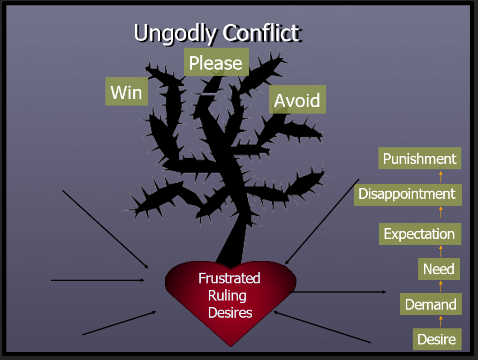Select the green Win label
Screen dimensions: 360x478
pos(127,92)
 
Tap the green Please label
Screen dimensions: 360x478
pos(216,63)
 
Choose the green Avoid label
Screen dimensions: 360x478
pos(297,100)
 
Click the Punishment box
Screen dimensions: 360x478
pos(420,159)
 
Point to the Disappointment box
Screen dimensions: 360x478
pos(407,193)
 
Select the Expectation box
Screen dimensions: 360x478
pos(420,234)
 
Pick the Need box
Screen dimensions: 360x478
pos(439,269)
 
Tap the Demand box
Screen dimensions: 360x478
pos(430,304)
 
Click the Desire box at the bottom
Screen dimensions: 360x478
pos(437,339)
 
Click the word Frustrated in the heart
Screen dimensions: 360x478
pos(229,279)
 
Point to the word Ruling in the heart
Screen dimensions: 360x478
pos(227,295)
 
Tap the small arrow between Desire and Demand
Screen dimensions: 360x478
pos(441,321)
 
